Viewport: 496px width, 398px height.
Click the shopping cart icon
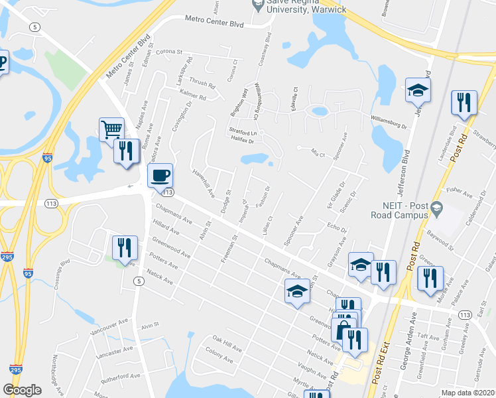coord(111,129)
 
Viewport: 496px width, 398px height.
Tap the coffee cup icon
coord(160,176)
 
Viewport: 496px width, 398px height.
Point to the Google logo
coord(22,390)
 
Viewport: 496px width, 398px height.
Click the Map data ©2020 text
coord(468,393)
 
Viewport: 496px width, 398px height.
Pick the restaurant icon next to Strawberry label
coord(463,103)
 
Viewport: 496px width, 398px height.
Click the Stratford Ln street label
coord(242,132)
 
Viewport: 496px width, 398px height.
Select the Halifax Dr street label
coord(242,141)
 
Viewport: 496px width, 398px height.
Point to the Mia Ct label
coord(320,152)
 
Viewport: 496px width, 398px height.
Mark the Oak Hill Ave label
coord(227,347)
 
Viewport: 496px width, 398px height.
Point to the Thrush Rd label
coord(203,86)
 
